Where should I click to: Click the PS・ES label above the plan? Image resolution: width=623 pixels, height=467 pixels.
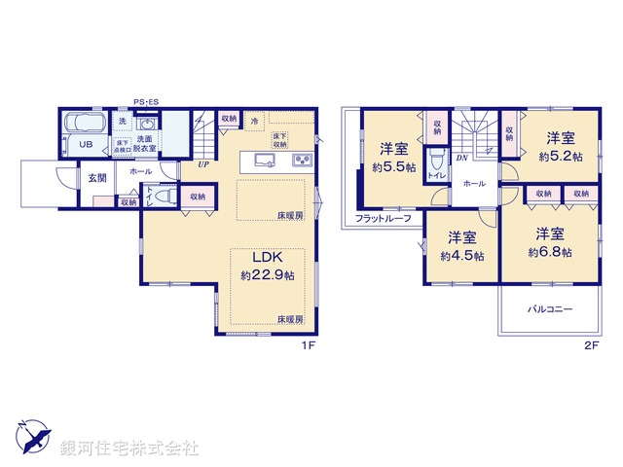(x=147, y=99)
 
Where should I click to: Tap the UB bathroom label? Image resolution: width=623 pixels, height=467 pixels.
(x=86, y=145)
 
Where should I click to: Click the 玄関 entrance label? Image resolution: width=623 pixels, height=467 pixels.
(x=97, y=177)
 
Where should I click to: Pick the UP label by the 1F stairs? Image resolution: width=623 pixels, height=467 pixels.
(x=202, y=163)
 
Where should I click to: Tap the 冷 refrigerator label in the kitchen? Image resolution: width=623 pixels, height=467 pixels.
(x=255, y=122)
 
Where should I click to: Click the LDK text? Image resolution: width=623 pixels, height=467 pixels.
(x=268, y=258)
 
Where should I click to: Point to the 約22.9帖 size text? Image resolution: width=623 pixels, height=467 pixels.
(x=268, y=275)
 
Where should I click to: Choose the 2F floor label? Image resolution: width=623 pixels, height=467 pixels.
(x=589, y=344)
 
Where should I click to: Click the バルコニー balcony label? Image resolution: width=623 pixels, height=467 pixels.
(x=550, y=309)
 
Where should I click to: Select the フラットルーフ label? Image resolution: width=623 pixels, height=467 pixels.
(x=383, y=218)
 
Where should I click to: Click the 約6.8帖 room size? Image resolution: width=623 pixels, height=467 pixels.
(x=550, y=251)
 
